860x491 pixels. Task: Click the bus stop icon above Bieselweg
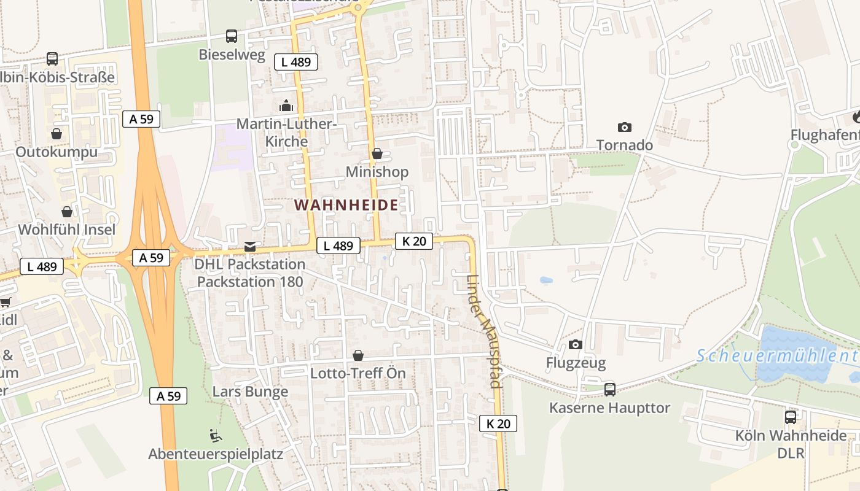click(x=231, y=36)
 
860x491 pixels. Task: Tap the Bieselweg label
click(x=232, y=55)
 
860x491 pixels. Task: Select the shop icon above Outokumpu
click(x=57, y=133)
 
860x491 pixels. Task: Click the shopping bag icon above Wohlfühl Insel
click(x=67, y=212)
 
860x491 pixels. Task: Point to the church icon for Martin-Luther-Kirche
click(x=286, y=106)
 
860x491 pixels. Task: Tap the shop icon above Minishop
click(x=377, y=153)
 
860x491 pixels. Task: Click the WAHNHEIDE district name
click(x=346, y=205)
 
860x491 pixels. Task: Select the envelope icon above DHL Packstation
click(x=250, y=246)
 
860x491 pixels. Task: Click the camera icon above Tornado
click(x=625, y=127)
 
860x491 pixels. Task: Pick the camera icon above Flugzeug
click(x=576, y=344)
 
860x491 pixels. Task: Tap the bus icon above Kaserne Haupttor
click(x=609, y=389)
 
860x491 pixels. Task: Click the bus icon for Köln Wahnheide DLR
click(x=791, y=417)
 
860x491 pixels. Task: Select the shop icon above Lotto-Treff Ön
click(x=358, y=355)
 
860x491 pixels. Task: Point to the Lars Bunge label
click(x=250, y=392)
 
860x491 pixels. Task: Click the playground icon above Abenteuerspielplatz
click(x=216, y=436)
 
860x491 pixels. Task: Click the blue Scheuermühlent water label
click(x=778, y=355)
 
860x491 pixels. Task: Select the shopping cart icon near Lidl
click(x=5, y=301)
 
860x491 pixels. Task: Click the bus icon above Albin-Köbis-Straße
click(x=52, y=59)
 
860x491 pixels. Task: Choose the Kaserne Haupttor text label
click(x=609, y=408)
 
